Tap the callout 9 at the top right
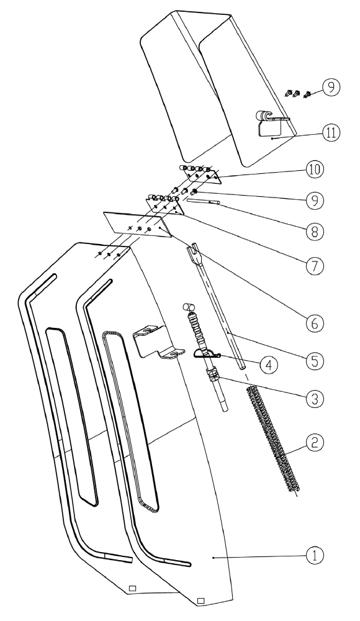click(335, 89)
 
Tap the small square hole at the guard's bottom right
click(200, 601)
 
